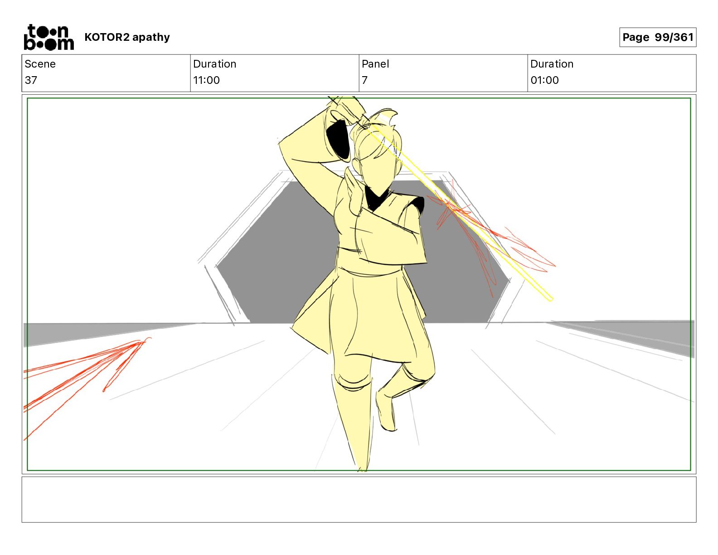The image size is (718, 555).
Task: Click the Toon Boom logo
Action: click(49, 37)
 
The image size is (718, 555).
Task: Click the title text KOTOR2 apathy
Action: click(127, 37)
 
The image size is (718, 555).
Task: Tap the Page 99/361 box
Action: click(658, 37)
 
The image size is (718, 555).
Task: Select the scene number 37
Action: click(31, 80)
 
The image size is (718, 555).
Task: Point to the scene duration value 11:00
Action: click(207, 80)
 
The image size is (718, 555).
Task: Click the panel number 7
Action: click(364, 80)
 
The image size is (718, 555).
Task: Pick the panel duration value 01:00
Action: click(544, 80)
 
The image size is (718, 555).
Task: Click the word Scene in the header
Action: click(40, 64)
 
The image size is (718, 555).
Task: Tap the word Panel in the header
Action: click(375, 64)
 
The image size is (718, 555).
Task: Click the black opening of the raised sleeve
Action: click(338, 140)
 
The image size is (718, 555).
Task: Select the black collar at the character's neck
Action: click(377, 198)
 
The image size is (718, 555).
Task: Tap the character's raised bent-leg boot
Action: click(387, 410)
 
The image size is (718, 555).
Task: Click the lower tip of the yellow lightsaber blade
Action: click(551, 300)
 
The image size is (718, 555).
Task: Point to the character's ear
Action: click(356, 165)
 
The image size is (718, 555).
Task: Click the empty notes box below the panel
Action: click(359, 500)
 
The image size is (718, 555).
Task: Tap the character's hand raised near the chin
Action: click(354, 192)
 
